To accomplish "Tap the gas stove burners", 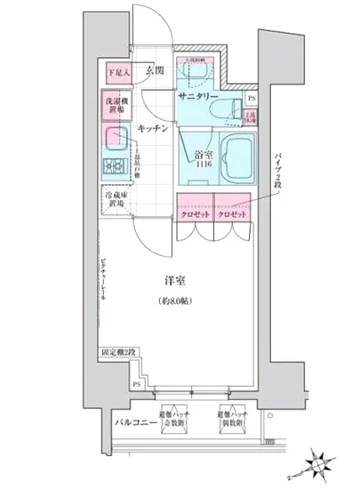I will tap(114, 165).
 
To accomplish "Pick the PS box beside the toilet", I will tap(252, 98).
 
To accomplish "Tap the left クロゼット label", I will tap(193, 214).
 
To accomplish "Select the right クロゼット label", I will tap(232, 214).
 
